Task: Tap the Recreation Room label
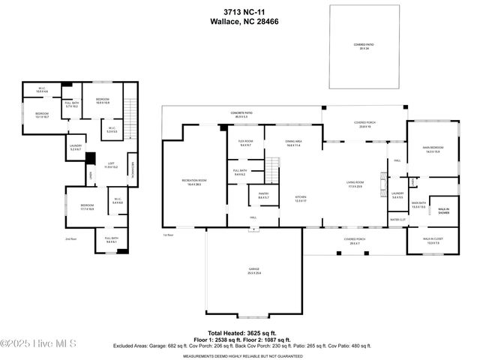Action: (194, 181)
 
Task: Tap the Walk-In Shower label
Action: (444, 211)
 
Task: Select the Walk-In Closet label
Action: (433, 241)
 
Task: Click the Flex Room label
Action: (245, 143)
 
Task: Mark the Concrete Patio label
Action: (241, 114)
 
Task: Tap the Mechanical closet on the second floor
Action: (132, 169)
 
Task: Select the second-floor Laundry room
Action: (76, 147)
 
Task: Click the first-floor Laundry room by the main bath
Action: (397, 196)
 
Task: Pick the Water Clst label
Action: (397, 220)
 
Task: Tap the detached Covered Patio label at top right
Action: (364, 46)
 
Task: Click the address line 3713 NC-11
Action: (239, 13)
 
